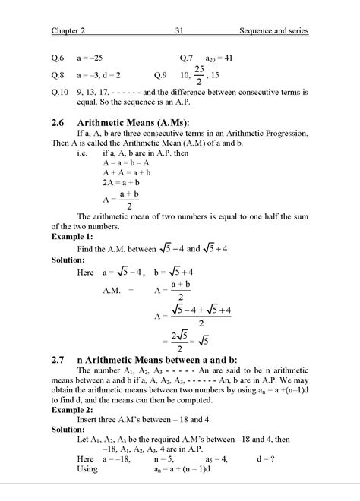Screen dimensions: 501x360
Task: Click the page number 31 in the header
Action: click(180, 31)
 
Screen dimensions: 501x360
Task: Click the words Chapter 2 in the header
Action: click(71, 31)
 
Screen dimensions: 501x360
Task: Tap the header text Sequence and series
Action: click(273, 31)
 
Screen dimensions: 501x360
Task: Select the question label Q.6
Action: click(58, 58)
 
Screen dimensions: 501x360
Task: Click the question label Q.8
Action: click(58, 75)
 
